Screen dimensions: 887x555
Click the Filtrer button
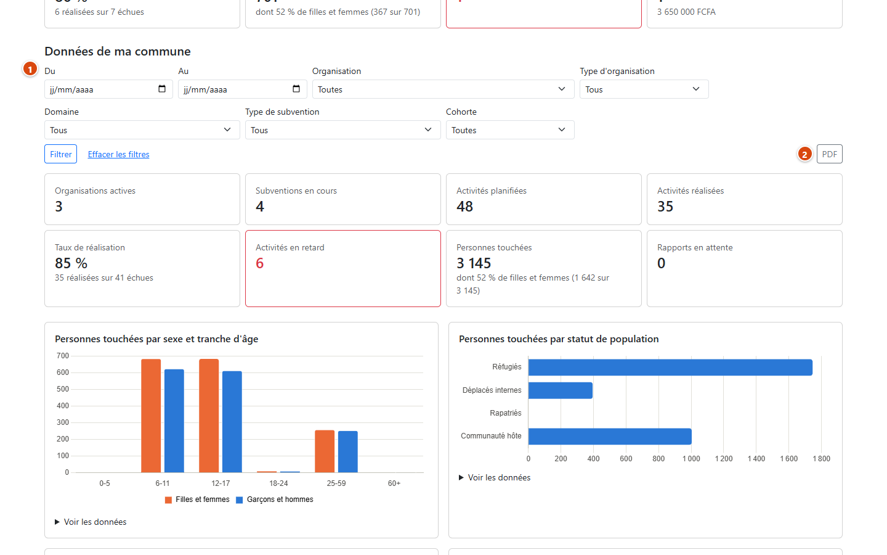coord(60,154)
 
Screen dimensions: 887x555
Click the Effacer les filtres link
coord(118,154)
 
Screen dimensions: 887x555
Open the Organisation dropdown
coord(443,89)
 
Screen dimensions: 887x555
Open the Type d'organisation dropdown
coord(644,89)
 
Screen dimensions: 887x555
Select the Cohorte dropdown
coord(510,130)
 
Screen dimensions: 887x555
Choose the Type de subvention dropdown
coord(343,130)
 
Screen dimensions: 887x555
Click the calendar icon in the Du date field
coord(162,89)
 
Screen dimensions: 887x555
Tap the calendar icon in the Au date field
coord(296,89)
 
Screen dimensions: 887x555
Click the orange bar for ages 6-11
coord(151,416)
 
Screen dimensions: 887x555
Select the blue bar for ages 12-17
coord(232,422)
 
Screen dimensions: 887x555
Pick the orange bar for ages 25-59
coord(325,451)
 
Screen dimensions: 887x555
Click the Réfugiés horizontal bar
coord(670,367)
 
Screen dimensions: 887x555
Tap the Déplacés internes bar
coord(561,390)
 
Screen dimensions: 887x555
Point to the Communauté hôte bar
coord(610,437)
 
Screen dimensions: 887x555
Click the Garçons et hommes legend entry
coord(275,499)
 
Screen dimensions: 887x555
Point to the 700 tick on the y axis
coord(63,356)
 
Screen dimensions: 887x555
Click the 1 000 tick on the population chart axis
coord(691,459)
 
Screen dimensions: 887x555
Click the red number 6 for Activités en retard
coord(260,263)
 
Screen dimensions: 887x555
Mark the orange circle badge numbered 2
coord(804,154)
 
